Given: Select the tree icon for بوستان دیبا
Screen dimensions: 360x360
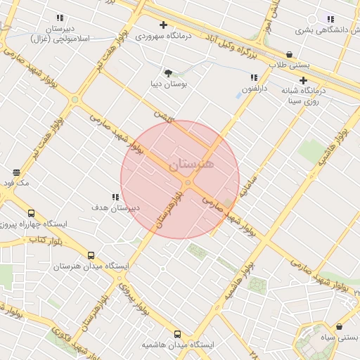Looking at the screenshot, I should point(168,72).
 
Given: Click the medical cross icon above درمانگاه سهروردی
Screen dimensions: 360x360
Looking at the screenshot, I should point(163,25).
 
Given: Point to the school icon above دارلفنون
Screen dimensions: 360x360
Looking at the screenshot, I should point(253,77).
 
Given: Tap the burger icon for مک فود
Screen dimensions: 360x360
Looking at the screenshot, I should point(16,172).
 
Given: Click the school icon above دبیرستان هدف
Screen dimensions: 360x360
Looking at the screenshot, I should point(115,198).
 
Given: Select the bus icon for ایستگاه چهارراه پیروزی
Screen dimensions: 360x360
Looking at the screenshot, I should point(31,213).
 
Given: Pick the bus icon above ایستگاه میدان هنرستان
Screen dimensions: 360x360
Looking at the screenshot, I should point(91,256).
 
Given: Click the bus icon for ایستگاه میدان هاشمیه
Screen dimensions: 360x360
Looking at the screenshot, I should point(177,335).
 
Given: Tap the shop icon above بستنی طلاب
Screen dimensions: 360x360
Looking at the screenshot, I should point(289,54).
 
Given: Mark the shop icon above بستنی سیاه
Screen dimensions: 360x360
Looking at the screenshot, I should point(340,327).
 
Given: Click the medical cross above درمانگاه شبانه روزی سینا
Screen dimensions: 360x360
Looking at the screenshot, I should point(304,80).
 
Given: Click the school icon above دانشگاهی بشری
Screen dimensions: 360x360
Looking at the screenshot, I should point(330,19).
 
